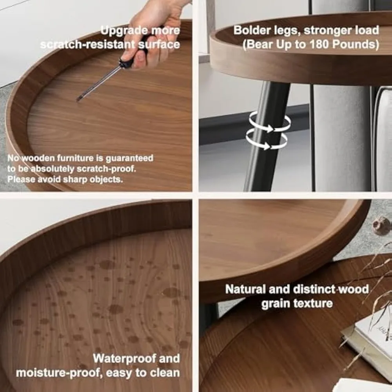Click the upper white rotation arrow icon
(x=270, y=122)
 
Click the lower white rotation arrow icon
(x=267, y=140)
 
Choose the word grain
(x=273, y=303)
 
